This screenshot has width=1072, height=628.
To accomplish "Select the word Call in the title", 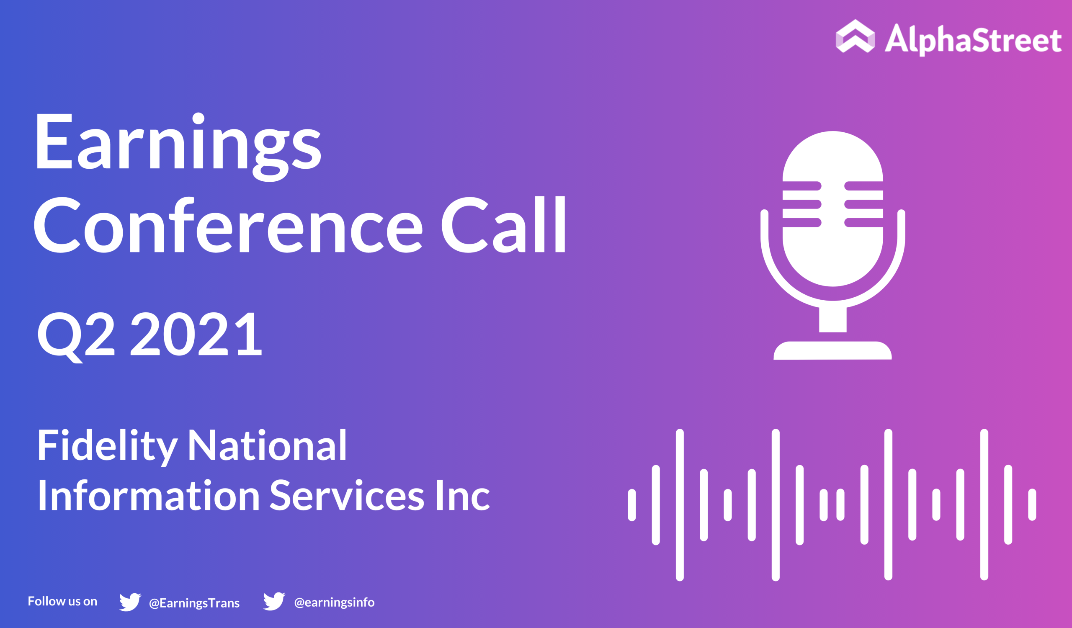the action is pos(504,225).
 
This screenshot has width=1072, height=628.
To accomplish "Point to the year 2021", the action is pos(196,334).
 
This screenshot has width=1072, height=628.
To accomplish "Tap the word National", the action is pos(268,445).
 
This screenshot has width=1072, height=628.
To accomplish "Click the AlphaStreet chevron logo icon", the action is pos(856,36).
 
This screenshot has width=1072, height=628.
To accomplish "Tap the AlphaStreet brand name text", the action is pos(973,39).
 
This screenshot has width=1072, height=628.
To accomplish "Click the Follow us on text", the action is pos(62,601).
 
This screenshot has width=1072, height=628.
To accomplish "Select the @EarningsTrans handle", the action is pos(194,603).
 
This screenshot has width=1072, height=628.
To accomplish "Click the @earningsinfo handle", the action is pos(334,602).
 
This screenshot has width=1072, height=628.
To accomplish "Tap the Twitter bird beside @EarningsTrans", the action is pos(130,602).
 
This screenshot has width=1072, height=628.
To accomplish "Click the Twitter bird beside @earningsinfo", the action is pos(274,601).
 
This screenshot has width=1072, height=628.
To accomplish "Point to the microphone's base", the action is pos(832,351).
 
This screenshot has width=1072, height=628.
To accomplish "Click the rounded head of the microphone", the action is pos(833,208).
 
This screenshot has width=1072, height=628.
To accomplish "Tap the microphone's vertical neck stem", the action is pos(833,319).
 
